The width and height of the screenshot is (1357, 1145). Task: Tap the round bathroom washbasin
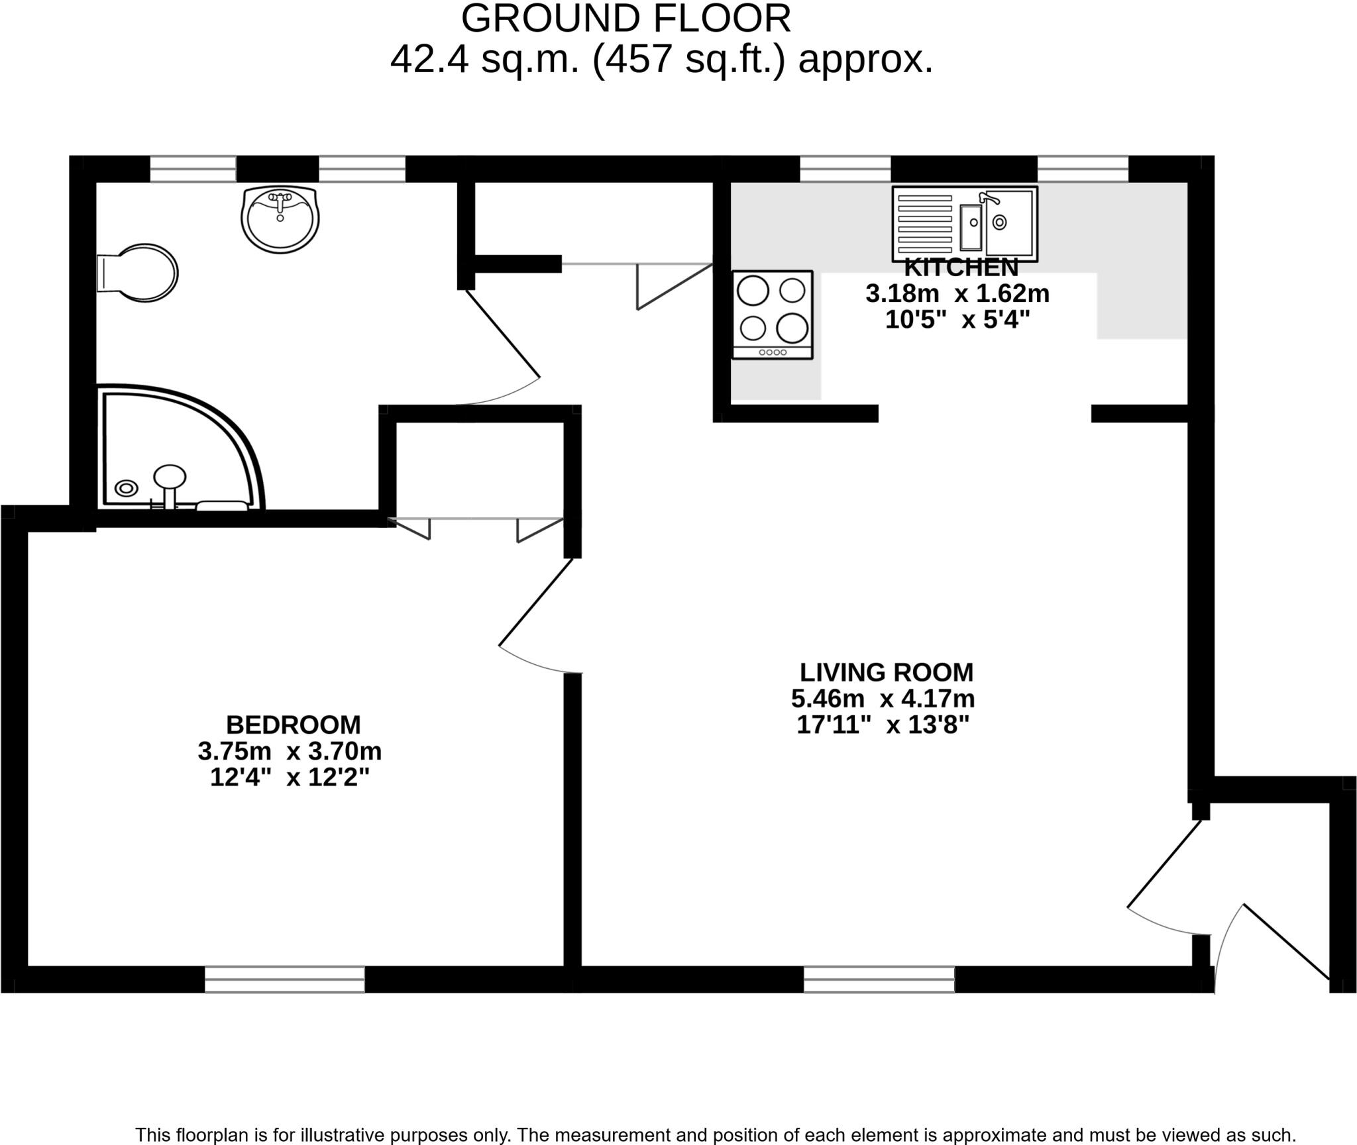[x=280, y=219]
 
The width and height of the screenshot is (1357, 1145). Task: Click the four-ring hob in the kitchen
[x=772, y=314]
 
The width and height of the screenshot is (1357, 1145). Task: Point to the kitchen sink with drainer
[x=964, y=224]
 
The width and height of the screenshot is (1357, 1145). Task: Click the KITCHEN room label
[x=961, y=268]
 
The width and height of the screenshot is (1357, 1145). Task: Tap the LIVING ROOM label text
[x=886, y=672]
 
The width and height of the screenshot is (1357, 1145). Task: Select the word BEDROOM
[x=293, y=725]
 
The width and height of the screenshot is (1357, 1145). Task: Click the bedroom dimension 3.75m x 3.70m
[x=290, y=752]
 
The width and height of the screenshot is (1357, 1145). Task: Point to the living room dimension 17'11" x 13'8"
[x=883, y=725]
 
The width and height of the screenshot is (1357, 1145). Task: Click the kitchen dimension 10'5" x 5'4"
[x=957, y=320]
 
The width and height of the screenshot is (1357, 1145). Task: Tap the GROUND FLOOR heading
[x=625, y=19]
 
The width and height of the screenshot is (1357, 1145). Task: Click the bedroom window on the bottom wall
[x=284, y=979]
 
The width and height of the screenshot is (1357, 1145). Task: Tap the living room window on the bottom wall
[x=879, y=979]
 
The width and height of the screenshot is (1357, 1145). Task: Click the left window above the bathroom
[x=193, y=169]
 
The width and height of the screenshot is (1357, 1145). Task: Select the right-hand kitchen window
[x=1082, y=169]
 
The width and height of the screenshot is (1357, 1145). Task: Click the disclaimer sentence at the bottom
[x=716, y=1134]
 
